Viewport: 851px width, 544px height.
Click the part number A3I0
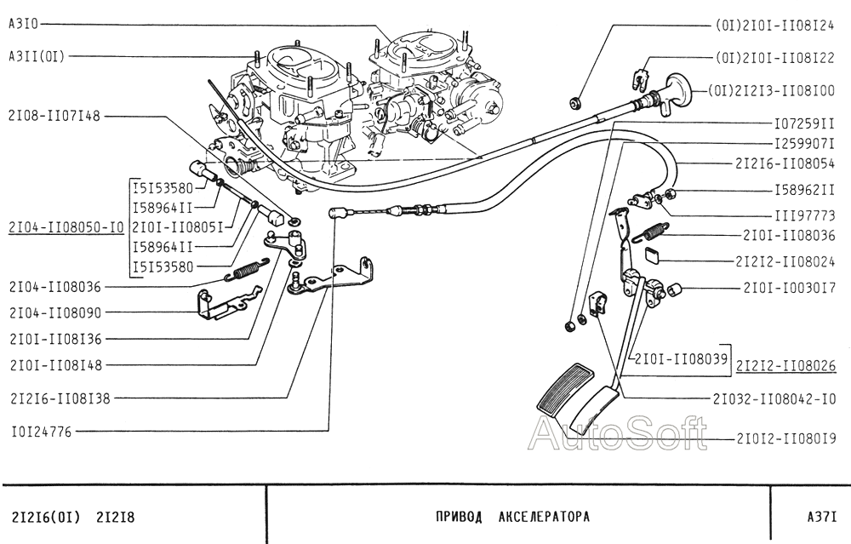(24, 26)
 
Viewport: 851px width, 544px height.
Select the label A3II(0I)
(36, 56)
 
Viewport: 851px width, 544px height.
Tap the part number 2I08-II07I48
(53, 116)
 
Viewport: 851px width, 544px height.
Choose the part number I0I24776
(41, 432)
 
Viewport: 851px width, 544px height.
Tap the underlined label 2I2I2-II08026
(785, 366)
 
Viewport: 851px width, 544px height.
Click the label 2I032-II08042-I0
(776, 398)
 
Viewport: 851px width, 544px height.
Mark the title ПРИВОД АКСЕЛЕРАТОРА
(511, 517)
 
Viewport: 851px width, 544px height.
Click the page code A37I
(822, 517)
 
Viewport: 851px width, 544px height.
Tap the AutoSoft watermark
(617, 434)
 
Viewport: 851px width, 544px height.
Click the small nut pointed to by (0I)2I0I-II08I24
(576, 103)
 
